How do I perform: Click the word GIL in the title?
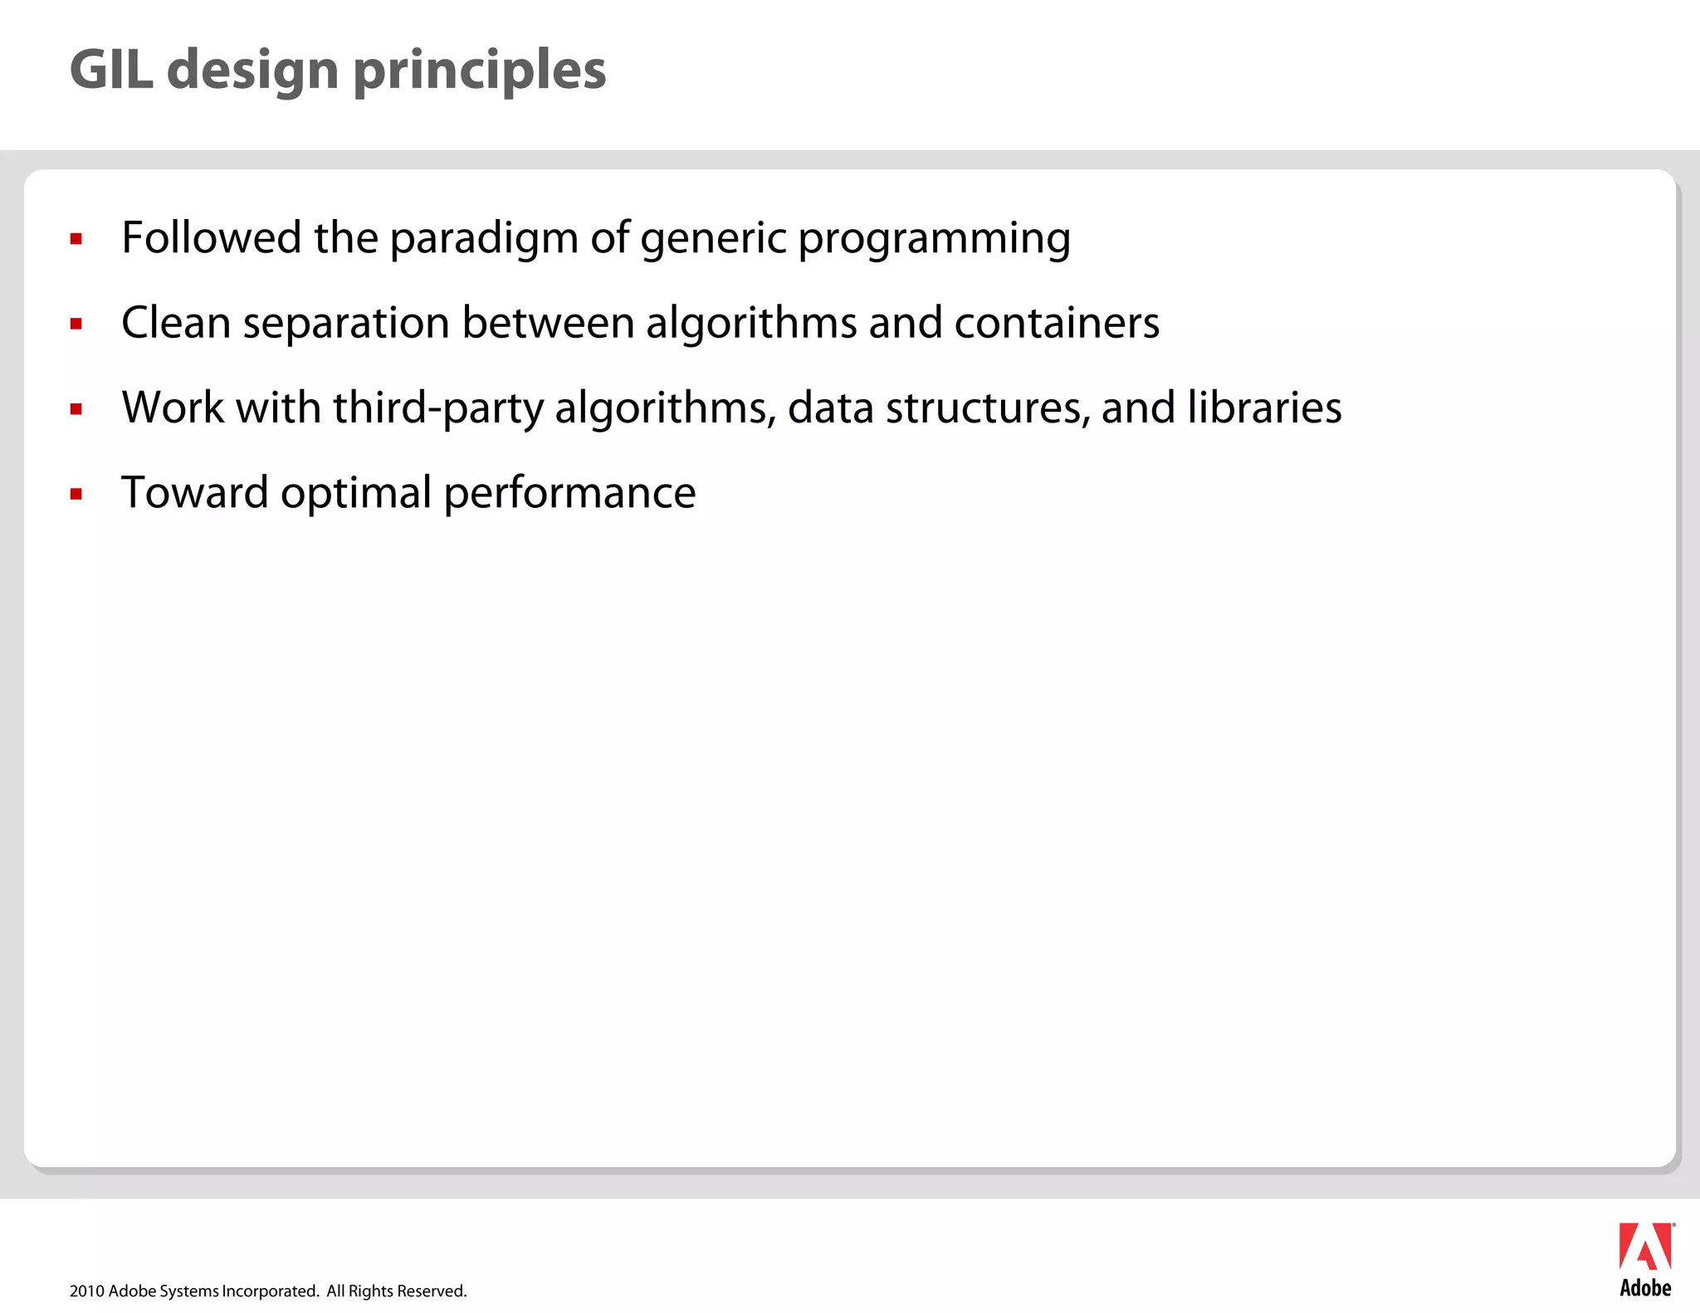coord(111,70)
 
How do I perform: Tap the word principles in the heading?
coord(480,71)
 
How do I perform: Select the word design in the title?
coord(253,71)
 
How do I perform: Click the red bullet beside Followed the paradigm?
coord(76,240)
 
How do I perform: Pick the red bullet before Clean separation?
coord(76,325)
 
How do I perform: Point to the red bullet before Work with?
coord(76,409)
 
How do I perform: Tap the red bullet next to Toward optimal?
coord(76,495)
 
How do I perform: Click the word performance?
coord(569,493)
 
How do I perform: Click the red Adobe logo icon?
coord(1645,1247)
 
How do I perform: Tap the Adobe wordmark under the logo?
coord(1645,1288)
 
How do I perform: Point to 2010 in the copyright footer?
coord(86,1291)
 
